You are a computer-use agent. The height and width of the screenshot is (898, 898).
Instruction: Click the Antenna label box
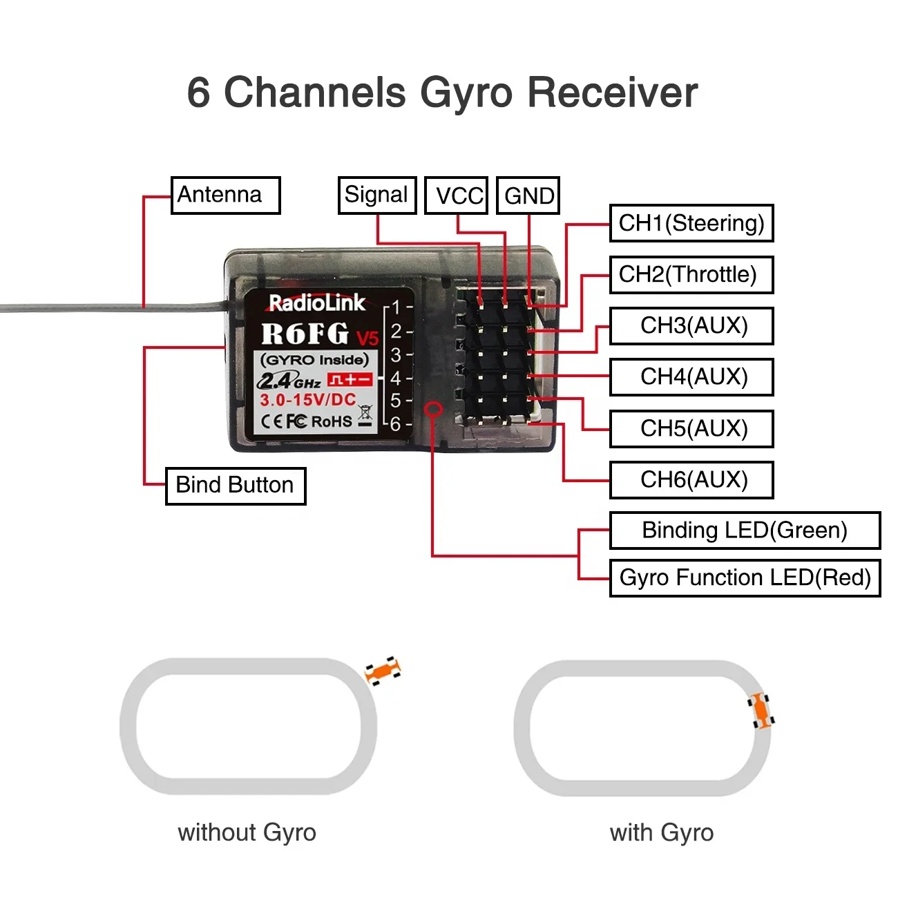coord(225,195)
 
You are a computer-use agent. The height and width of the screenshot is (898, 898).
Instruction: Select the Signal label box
coord(376,195)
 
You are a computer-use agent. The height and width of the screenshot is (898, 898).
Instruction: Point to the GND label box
coord(528,196)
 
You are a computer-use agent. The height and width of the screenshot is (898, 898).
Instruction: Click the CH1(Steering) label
coord(691,223)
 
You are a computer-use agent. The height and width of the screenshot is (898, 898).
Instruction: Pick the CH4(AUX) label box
coord(691,377)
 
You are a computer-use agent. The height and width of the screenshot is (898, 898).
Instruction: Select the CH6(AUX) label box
coord(691,480)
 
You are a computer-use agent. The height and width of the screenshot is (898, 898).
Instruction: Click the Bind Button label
coord(236,486)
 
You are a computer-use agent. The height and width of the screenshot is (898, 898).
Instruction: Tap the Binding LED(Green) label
coord(745,531)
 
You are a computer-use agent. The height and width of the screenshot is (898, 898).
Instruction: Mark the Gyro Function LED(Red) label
coord(745,578)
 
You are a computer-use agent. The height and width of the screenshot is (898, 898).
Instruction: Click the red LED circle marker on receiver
coord(433,409)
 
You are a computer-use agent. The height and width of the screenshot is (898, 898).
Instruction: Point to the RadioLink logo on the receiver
coord(317,303)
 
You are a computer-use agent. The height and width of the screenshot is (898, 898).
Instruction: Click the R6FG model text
coord(306,334)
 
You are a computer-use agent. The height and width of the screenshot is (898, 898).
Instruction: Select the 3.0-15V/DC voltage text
coord(308,400)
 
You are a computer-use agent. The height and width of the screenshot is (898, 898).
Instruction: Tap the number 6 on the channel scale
coord(395,423)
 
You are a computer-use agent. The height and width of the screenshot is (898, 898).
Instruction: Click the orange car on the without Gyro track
coord(383,670)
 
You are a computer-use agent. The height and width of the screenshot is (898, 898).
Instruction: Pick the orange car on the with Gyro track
coord(761,711)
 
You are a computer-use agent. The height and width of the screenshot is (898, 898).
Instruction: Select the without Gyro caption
coord(247,832)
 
